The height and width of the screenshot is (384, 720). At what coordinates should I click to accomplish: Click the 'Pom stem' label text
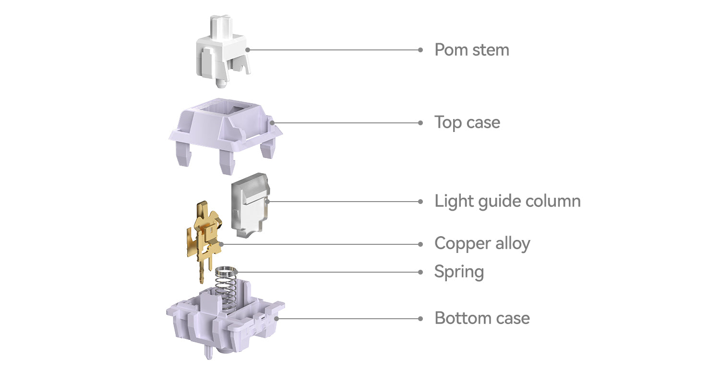(471, 50)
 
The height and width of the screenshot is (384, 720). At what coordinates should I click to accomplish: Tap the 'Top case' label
(467, 123)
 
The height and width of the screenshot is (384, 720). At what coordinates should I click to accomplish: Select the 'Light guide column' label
(507, 202)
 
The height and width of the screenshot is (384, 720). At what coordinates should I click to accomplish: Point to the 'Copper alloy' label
(482, 243)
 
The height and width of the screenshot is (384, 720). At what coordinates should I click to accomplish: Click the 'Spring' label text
(459, 272)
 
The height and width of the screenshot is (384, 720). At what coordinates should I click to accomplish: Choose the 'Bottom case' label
(482, 318)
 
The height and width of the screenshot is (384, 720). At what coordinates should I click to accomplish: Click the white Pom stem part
(223, 51)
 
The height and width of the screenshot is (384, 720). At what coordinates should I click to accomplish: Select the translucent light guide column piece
(250, 205)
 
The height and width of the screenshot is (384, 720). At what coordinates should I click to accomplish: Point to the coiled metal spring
(227, 289)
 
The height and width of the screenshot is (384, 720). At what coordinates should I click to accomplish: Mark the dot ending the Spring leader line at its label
(420, 272)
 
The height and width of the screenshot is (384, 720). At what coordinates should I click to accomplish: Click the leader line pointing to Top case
(346, 123)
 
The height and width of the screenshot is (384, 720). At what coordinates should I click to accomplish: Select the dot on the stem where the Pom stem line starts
(248, 50)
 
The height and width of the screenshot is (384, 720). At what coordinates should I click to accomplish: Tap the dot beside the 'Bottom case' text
(420, 319)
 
